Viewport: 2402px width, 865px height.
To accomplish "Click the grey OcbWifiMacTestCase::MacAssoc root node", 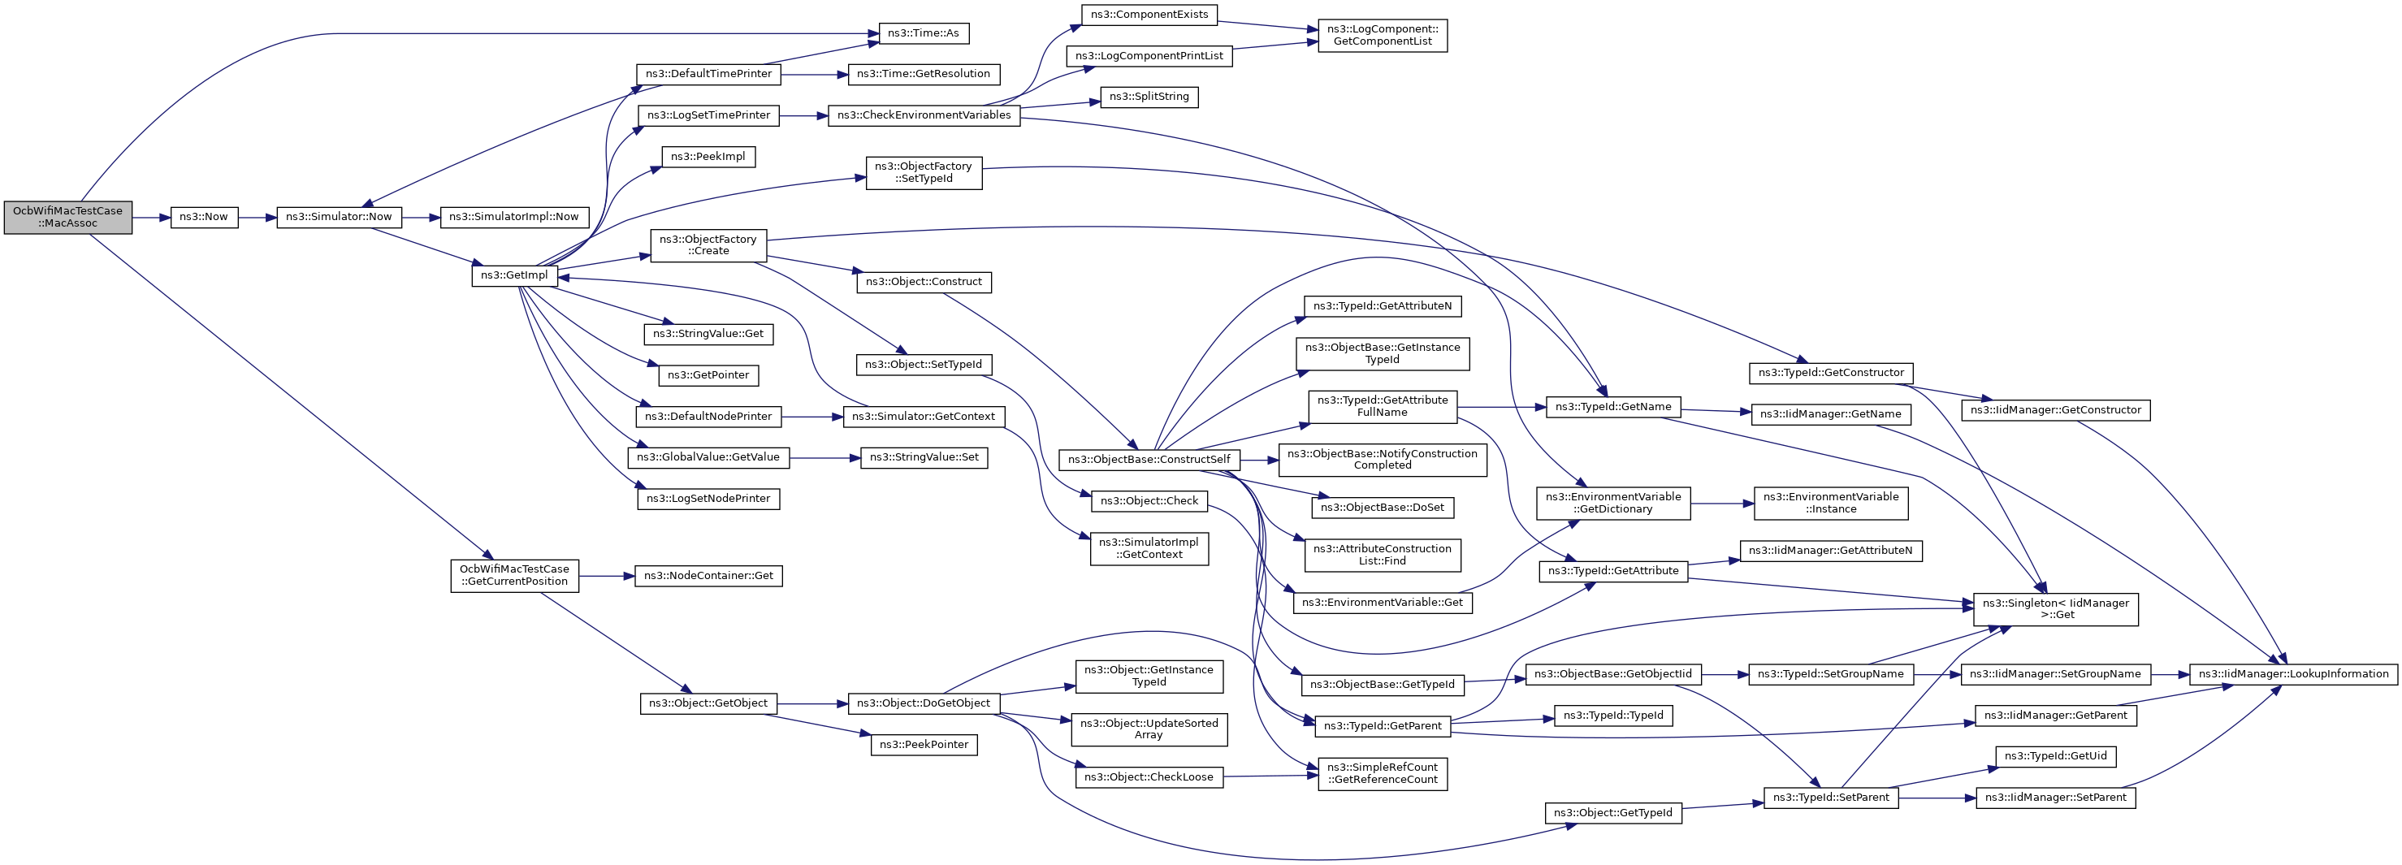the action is (68, 217).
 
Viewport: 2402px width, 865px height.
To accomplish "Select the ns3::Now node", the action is (204, 217).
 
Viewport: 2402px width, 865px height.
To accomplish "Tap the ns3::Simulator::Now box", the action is (339, 217).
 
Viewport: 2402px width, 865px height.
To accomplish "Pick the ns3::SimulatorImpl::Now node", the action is (513, 217).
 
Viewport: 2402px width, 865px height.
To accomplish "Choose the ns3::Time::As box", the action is (923, 33).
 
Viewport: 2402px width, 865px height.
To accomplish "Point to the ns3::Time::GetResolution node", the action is (923, 75).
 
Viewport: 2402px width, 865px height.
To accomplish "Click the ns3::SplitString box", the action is (1149, 97).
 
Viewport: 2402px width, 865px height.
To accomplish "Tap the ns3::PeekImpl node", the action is (708, 157).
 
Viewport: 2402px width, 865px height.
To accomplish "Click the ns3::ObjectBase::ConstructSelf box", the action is (1149, 460).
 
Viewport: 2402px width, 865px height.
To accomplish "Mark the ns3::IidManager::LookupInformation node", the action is (2293, 674).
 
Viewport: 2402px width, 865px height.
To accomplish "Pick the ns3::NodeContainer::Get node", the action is (708, 576).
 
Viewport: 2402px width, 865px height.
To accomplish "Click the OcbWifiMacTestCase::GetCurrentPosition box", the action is (513, 575).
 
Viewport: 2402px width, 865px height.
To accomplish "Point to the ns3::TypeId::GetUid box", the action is (2055, 756).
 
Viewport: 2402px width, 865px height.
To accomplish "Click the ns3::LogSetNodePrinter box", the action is (708, 499).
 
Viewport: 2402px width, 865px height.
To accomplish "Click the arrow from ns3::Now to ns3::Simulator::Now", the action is (258, 217).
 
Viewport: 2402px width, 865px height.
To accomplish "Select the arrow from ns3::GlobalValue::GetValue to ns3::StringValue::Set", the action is (825, 457).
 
